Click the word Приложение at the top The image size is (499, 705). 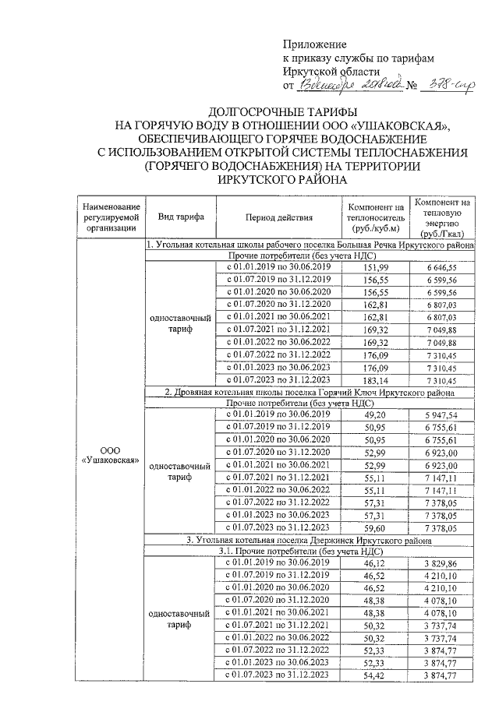click(x=314, y=44)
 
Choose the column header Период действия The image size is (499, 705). click(x=278, y=217)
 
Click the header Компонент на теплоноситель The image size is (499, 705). click(x=376, y=217)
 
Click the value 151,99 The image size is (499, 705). click(x=376, y=267)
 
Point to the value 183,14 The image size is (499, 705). click(x=376, y=379)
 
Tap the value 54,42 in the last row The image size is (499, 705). click(x=376, y=675)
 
